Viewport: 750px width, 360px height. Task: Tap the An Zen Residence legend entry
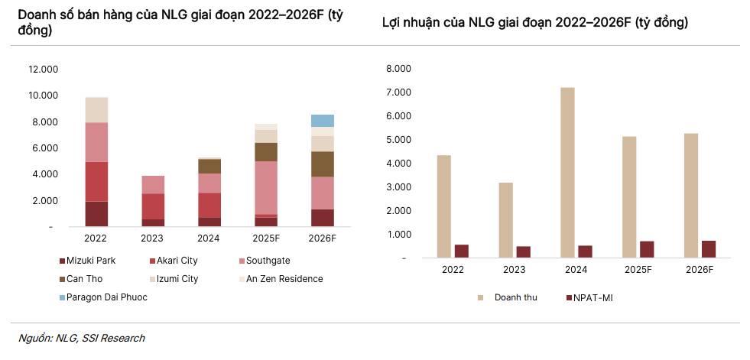[x=284, y=279]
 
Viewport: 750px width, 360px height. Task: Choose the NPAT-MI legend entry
[x=593, y=297]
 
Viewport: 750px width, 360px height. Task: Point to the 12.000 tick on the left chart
[x=44, y=70]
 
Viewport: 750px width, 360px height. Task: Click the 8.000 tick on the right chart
[x=399, y=69]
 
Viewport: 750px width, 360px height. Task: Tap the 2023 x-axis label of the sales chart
[x=152, y=238]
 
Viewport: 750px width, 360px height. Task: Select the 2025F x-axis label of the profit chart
[x=638, y=270]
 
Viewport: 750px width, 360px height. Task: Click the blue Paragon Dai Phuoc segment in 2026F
[x=323, y=120]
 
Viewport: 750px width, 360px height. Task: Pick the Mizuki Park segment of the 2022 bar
[x=96, y=214]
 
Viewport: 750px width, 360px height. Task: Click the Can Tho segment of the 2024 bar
[x=209, y=166]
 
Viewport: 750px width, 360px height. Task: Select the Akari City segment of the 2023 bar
[x=153, y=206]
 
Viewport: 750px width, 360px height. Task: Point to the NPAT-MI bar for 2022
[x=462, y=251]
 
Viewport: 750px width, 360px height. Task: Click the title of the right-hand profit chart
[x=534, y=22]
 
